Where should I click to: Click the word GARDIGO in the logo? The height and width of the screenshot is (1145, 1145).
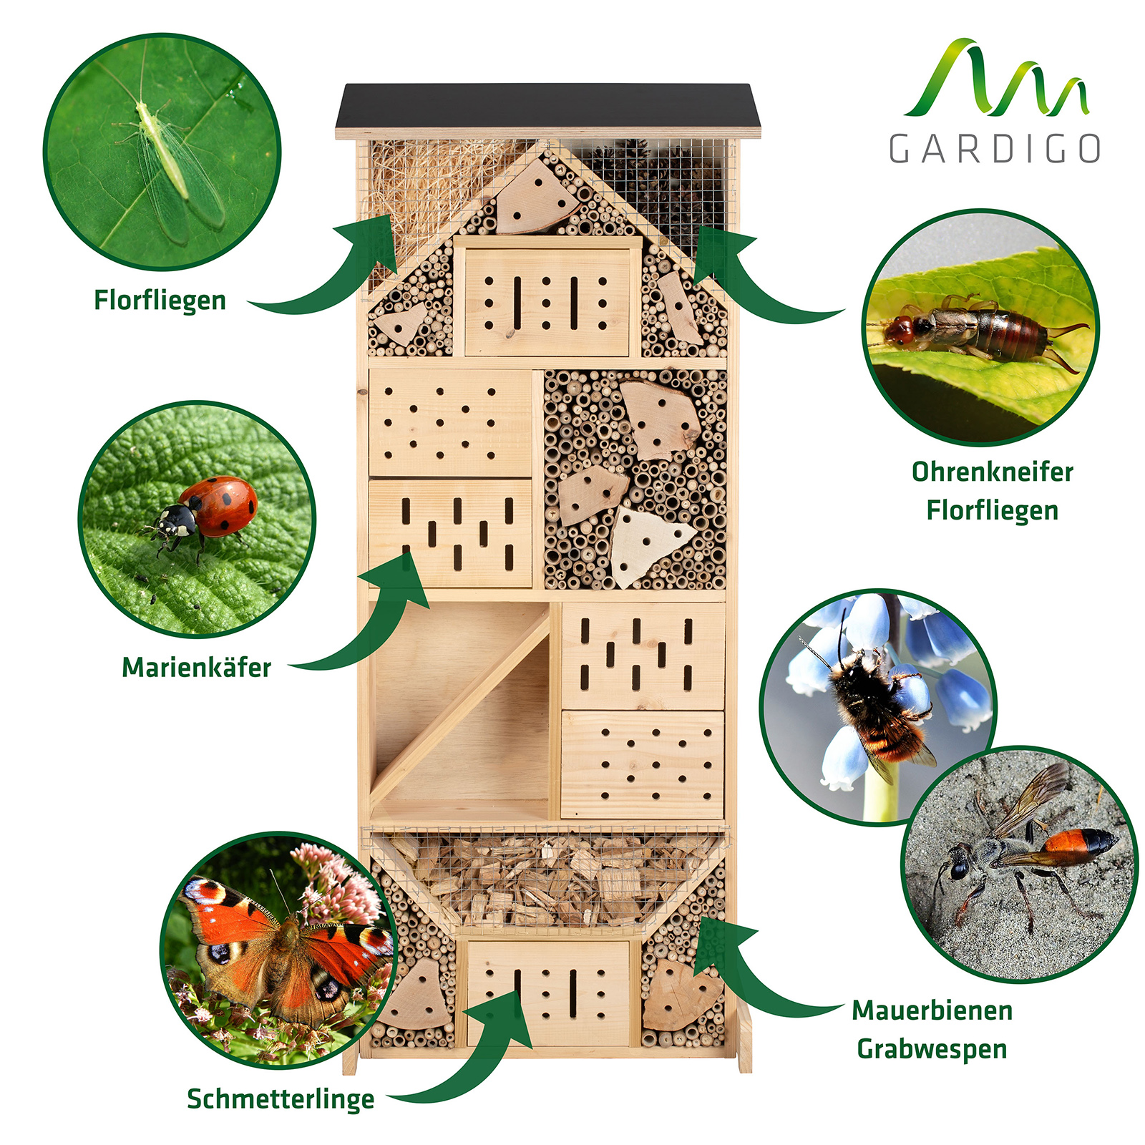tap(995, 148)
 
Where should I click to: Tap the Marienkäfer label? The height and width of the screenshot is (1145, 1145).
tap(197, 668)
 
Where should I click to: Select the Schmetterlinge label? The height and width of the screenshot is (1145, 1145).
tap(281, 1099)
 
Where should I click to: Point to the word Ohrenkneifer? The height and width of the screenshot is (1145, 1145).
tap(993, 472)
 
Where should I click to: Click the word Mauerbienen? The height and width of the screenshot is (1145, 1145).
tap(932, 1010)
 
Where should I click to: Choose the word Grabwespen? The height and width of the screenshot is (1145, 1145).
tap(932, 1049)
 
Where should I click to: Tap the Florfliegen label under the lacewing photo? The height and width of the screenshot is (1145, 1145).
tap(160, 300)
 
